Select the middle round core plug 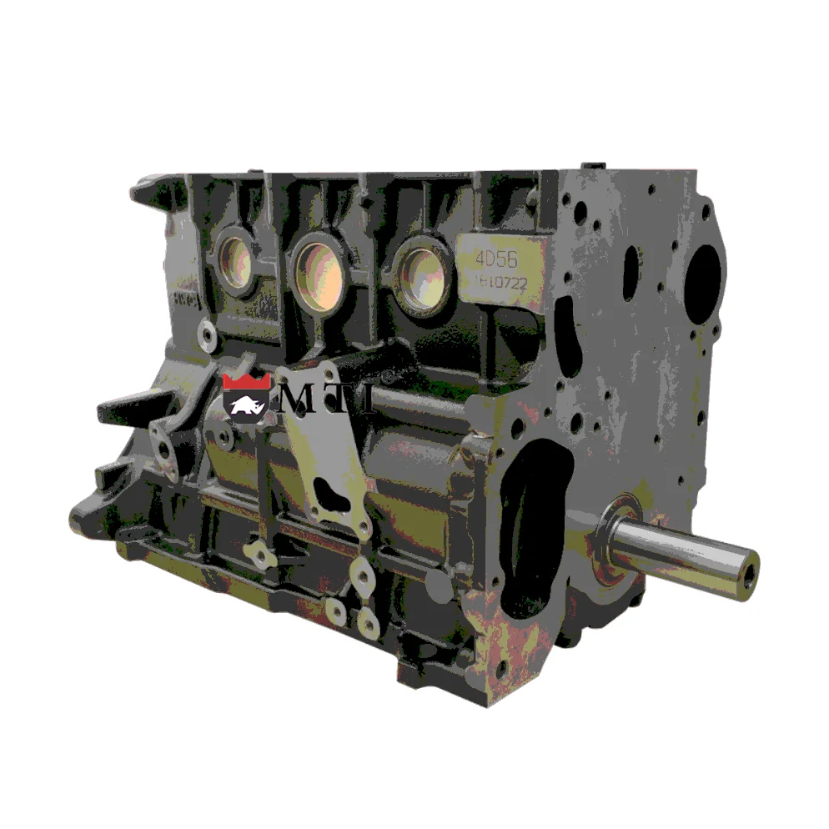pos(318,271)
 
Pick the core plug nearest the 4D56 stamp pos(421,274)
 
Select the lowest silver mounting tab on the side pos(368,621)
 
